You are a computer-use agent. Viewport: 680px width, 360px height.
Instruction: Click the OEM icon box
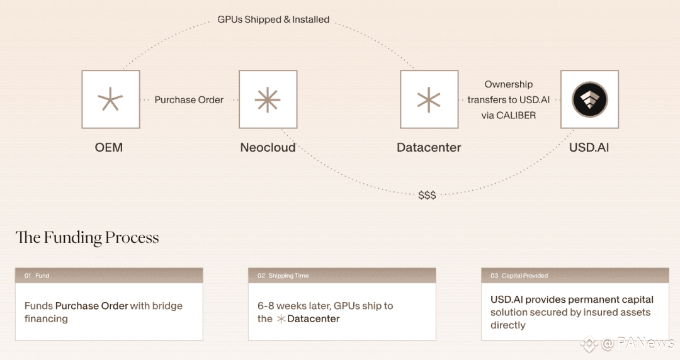click(111, 99)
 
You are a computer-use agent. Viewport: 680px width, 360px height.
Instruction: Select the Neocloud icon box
click(268, 99)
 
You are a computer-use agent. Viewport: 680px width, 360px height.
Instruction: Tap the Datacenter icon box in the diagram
click(429, 99)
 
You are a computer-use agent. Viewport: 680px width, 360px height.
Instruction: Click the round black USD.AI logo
click(589, 99)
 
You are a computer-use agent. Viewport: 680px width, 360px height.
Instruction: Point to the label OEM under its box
click(109, 147)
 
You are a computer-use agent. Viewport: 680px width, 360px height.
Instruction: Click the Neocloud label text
click(268, 147)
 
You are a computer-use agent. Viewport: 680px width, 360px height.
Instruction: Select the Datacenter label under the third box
click(429, 147)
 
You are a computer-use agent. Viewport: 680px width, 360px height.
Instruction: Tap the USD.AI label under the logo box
click(589, 147)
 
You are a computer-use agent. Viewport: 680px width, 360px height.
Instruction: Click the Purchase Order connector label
click(189, 100)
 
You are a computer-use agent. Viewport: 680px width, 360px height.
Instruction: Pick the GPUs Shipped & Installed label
click(273, 20)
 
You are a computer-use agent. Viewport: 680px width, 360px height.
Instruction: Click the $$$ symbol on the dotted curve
click(427, 195)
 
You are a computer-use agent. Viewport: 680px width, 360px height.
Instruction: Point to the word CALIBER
click(516, 115)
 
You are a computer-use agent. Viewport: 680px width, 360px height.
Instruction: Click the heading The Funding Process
click(87, 237)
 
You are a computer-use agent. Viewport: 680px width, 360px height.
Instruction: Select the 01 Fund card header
click(109, 276)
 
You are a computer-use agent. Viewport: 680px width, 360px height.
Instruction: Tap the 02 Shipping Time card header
click(342, 276)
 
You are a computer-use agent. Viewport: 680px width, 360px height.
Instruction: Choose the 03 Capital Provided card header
click(575, 276)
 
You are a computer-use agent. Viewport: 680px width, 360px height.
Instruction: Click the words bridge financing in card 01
click(104, 312)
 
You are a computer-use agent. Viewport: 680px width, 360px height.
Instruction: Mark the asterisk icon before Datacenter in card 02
click(281, 319)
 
